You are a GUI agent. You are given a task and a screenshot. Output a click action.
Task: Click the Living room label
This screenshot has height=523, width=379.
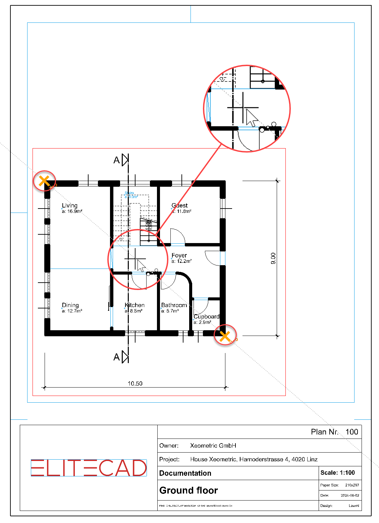(70, 206)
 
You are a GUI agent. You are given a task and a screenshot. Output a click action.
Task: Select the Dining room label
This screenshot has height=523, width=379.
(70, 305)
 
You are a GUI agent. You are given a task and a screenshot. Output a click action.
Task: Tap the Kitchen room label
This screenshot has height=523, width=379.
(134, 305)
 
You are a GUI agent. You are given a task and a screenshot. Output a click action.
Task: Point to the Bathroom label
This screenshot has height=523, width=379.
(174, 305)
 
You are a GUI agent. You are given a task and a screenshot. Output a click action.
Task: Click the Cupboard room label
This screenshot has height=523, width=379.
(207, 316)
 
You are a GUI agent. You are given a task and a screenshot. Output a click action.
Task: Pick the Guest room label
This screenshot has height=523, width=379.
(180, 206)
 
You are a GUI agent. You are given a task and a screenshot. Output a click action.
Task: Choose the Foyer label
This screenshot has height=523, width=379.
(179, 255)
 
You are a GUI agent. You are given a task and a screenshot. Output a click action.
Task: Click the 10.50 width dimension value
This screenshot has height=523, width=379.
(135, 384)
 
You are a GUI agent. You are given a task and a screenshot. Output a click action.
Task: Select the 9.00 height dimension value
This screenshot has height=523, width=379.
(273, 258)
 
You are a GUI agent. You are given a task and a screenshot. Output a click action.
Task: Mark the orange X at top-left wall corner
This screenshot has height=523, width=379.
(44, 181)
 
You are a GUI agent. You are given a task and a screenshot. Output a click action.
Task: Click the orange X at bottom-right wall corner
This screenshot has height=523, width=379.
(225, 336)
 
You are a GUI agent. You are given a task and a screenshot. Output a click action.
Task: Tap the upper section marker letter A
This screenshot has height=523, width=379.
(116, 160)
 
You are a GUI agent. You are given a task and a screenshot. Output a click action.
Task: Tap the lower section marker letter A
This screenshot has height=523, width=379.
(116, 357)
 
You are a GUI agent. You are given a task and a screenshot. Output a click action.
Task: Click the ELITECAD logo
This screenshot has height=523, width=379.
(89, 468)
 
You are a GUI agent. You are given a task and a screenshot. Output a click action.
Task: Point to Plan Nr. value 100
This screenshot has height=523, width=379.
(352, 432)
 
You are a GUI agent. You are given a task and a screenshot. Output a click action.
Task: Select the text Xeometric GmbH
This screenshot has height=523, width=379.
(213, 446)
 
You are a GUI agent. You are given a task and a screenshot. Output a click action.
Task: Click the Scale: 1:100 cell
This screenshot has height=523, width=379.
(337, 473)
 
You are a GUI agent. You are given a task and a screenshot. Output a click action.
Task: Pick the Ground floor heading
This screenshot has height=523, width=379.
(188, 490)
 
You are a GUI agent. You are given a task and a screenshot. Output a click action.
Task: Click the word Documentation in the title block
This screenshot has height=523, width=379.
(185, 473)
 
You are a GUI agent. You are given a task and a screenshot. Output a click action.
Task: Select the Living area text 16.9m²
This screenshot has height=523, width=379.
(74, 211)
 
